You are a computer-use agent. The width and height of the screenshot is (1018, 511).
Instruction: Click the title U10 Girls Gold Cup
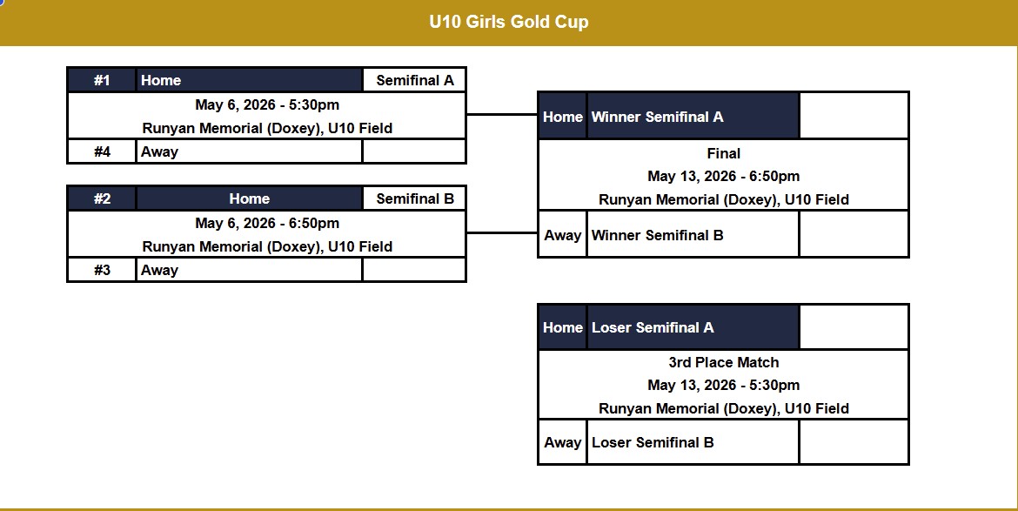tap(509, 22)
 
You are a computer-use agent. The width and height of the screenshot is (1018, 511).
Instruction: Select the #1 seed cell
tap(102, 80)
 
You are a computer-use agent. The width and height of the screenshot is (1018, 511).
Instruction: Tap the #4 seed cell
tap(102, 151)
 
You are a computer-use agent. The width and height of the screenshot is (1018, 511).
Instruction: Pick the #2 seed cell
tap(102, 198)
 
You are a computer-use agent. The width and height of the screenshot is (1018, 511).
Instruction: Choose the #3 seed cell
tap(102, 270)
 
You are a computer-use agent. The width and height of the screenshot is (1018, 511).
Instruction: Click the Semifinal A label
tap(415, 80)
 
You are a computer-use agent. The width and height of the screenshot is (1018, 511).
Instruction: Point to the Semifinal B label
tap(415, 198)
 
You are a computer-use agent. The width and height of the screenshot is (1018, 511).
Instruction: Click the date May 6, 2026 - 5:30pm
tap(267, 104)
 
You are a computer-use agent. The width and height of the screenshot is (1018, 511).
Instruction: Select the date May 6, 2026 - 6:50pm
tap(267, 223)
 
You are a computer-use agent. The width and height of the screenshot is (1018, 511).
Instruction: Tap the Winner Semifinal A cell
tap(693, 117)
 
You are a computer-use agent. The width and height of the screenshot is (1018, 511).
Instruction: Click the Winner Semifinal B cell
tap(693, 234)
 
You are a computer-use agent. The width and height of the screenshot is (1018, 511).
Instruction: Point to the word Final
tap(723, 153)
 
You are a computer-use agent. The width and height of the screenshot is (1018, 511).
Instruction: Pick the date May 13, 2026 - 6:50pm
tap(723, 176)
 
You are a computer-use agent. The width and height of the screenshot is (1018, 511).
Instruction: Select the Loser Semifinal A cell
tap(693, 327)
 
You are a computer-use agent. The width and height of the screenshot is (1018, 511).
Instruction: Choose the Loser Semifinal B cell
tap(693, 442)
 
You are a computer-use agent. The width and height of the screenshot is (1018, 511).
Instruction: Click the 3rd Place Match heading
tap(723, 361)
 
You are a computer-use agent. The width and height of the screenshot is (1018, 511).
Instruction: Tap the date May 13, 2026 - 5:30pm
tap(723, 385)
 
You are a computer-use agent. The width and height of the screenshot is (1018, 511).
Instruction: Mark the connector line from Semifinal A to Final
tap(502, 114)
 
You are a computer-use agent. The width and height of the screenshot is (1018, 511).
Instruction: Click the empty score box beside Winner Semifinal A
tap(854, 117)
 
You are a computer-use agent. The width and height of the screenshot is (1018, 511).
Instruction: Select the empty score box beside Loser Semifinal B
tap(854, 442)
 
